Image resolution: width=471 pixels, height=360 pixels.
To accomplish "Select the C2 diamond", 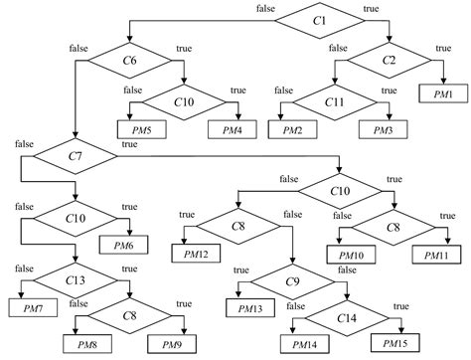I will click(389, 60).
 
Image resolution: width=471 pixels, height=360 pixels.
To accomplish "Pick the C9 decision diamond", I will click(292, 281).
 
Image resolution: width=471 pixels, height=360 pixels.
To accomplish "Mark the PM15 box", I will click(391, 343).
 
